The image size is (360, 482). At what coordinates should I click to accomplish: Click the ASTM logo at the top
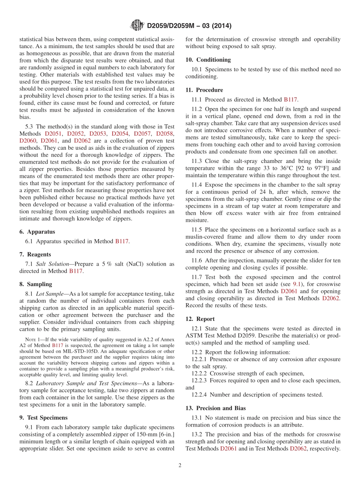(137, 25)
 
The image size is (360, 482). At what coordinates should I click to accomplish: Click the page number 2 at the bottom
(180, 465)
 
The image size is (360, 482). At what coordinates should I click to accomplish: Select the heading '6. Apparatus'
(37, 232)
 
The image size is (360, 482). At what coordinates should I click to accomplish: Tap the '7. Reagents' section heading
(35, 254)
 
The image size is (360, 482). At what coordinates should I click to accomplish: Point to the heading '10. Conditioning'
(208, 59)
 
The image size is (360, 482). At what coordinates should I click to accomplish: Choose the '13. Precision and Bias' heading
(216, 408)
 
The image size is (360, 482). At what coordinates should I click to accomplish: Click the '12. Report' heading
(200, 319)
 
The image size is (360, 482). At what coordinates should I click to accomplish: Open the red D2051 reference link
(53, 133)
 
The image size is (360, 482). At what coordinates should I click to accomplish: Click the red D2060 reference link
(28, 141)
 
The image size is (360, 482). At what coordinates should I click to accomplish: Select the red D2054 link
(120, 133)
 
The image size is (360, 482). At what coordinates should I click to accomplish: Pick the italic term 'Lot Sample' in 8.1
(50, 294)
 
